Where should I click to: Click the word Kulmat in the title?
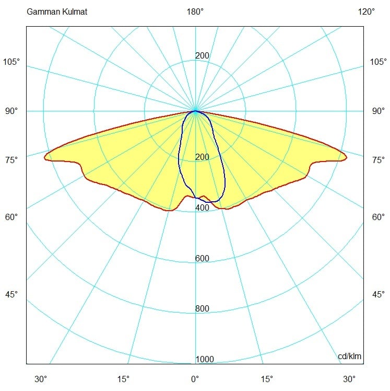coord(75,11)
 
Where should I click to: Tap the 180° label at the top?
coord(195,11)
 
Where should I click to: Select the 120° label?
coord(366,11)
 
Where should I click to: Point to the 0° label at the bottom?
coord(195,379)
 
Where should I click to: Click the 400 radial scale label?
coord(202,208)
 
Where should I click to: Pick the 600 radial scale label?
coord(202,258)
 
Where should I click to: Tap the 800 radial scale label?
coord(202,309)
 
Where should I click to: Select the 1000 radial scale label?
coord(205,359)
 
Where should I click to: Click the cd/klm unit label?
coord(349,356)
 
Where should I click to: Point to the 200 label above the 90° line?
coord(202,55)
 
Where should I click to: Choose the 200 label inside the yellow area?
coord(202,157)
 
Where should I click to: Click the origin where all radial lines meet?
coord(195,111)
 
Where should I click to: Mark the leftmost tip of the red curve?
coord(44,157)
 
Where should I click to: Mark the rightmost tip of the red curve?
coord(347,157)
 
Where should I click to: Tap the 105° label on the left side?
coord(11,62)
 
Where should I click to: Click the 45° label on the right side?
coord(379,294)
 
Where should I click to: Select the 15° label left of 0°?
coord(123,379)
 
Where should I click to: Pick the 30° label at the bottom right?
coord(349,379)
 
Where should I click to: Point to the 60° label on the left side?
coord(11,217)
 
